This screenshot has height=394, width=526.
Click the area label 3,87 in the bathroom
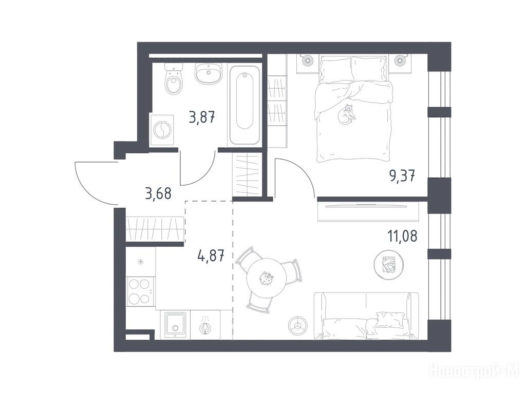(x=202, y=117)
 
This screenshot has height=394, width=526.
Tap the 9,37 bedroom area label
(x=402, y=175)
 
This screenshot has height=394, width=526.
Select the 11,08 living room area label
(x=403, y=236)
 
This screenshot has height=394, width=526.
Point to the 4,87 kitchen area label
(x=211, y=257)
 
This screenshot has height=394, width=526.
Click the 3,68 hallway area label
(x=158, y=193)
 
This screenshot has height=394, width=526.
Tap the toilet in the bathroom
(x=174, y=80)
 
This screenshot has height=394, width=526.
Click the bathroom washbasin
(x=209, y=73)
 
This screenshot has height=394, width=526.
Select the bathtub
(x=245, y=106)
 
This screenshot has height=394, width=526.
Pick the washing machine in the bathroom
(x=162, y=130)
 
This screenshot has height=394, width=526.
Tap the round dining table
(x=267, y=278)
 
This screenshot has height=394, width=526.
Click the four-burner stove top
(x=140, y=291)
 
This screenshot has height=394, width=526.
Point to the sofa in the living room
(x=366, y=316)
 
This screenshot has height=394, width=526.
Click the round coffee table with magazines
(x=388, y=264)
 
